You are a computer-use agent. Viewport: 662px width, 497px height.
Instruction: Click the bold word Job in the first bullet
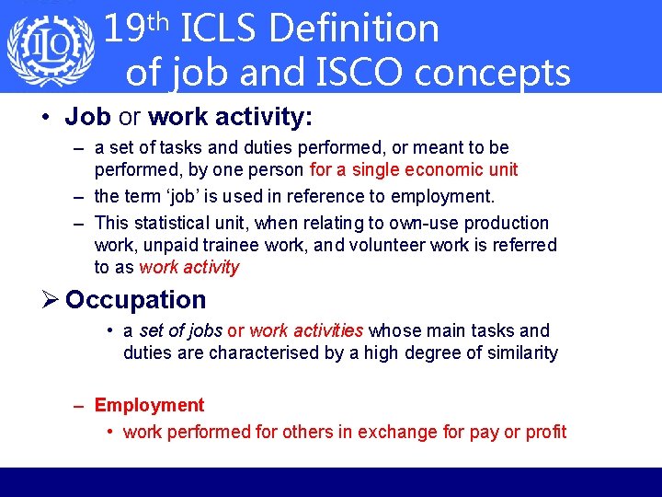point(88,117)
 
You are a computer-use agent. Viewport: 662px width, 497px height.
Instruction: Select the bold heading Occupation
point(136,300)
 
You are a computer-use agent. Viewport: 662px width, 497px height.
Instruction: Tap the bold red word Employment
point(149,405)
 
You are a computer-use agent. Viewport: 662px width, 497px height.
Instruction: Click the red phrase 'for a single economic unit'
point(414,169)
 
